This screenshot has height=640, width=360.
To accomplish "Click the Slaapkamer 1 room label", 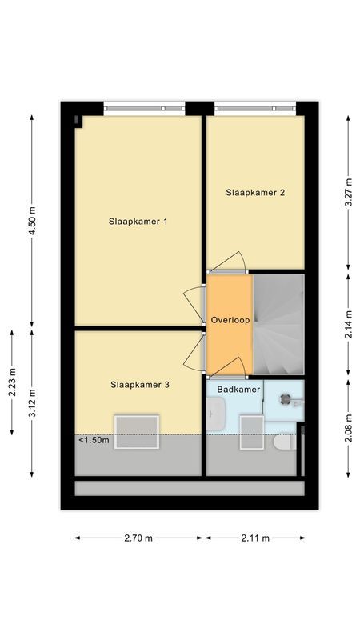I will (x=138, y=222).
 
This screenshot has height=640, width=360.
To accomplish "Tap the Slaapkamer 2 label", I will (x=255, y=192).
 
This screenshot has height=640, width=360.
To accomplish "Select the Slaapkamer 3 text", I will (x=139, y=385).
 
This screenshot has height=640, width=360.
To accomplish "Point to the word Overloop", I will (x=230, y=320).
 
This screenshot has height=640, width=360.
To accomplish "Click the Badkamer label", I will (x=238, y=389).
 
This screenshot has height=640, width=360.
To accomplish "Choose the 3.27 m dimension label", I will (x=348, y=192).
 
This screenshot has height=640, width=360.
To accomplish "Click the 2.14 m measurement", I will (x=348, y=324).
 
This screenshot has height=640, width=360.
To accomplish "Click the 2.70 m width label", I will (x=138, y=538).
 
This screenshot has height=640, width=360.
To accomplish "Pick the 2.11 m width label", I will (x=255, y=538).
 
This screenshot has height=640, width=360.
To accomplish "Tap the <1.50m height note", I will (x=94, y=440).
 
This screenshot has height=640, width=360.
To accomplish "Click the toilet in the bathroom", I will (x=284, y=442).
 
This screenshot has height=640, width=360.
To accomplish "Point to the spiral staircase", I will (x=278, y=324).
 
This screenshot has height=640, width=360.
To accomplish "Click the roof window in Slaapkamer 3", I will (x=137, y=431).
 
